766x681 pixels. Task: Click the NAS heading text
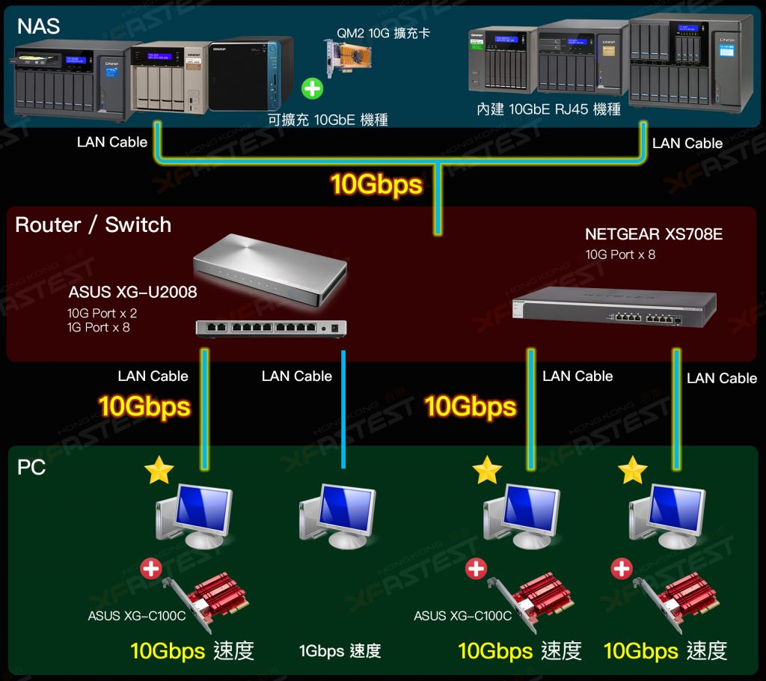point(38,27)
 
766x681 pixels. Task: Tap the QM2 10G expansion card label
point(383,34)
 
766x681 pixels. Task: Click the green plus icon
point(312,88)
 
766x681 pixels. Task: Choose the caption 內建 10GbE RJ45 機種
point(548,109)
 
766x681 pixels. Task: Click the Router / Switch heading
point(93,225)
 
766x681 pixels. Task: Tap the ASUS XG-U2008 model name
point(132,291)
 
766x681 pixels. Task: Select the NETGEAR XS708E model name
point(653,234)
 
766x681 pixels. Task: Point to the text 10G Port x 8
point(620,254)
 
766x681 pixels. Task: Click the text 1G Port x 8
point(98,326)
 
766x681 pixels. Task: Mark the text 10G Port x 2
point(102,313)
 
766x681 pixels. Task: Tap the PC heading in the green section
point(31,468)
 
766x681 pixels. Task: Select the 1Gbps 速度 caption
point(340,651)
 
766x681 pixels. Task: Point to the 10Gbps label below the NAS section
point(376,184)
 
